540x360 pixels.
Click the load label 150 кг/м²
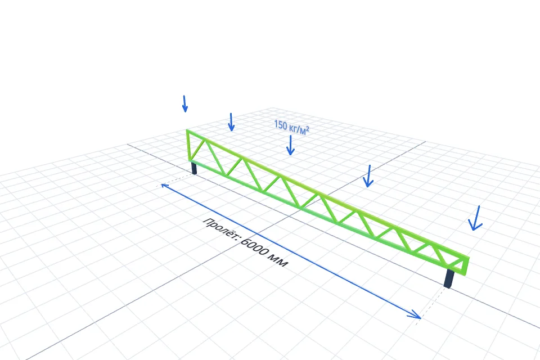point(291,127)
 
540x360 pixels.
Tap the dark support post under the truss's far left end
point(194,168)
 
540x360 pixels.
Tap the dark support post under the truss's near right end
point(449,278)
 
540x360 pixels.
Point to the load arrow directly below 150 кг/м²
point(291,145)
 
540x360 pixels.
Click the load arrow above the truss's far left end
point(185,103)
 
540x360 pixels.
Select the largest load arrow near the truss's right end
point(476,218)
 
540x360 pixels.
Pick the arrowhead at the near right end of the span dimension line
point(415,314)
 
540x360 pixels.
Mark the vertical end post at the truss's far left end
point(189,145)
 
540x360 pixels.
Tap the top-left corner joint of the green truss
point(188,130)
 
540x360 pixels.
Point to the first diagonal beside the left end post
point(198,150)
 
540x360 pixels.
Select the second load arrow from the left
point(231,122)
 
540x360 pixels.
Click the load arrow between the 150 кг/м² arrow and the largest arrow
point(368,176)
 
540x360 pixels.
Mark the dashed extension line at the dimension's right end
point(431,304)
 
